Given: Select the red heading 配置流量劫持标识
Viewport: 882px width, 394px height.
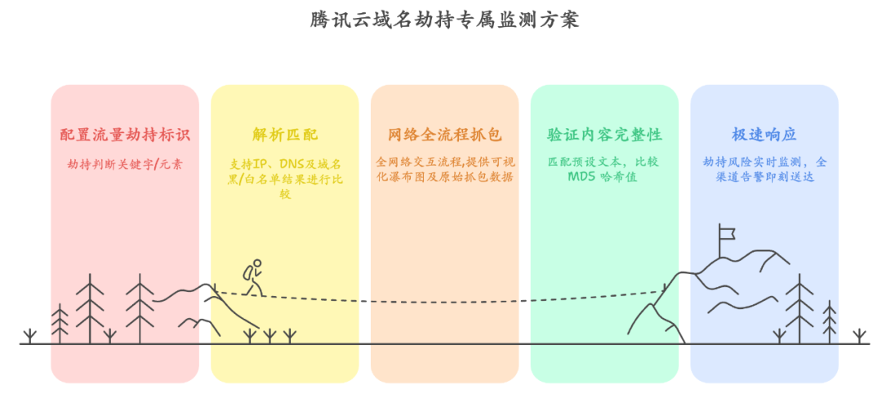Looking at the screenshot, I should point(124,135).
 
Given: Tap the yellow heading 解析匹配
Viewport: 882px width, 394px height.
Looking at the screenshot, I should point(284,135).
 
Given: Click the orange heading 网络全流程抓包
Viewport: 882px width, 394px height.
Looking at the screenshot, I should point(444,135).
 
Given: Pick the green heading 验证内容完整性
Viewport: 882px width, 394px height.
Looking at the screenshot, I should point(604,135).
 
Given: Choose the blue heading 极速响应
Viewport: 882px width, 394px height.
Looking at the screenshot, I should point(764,135).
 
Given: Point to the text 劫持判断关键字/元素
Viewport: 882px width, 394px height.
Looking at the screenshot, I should point(124,163).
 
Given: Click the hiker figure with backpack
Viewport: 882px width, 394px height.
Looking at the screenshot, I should point(254,277).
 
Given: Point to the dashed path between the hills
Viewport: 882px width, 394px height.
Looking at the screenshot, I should point(441,300).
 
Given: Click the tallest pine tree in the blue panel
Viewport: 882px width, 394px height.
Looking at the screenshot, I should point(799,309).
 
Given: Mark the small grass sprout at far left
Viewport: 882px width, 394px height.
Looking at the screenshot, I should point(30,336).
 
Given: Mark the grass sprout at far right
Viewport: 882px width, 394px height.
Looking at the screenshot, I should point(859,336).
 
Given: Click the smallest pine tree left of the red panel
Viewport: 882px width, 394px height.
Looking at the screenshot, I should point(60,323).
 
